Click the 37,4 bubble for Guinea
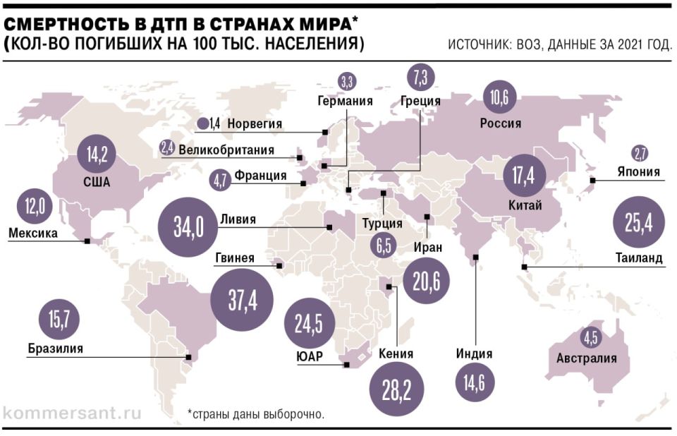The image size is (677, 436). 242,301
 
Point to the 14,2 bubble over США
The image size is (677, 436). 97,155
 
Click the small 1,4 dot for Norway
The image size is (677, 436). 204,124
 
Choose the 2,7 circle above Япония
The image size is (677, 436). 640,153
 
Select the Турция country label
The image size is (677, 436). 382,224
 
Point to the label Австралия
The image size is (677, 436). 586,358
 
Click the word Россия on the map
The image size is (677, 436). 500,123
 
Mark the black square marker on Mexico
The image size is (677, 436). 87,241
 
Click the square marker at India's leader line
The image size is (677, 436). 476,258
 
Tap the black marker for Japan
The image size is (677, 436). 592,181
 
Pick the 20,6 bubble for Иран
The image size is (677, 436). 427,281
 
